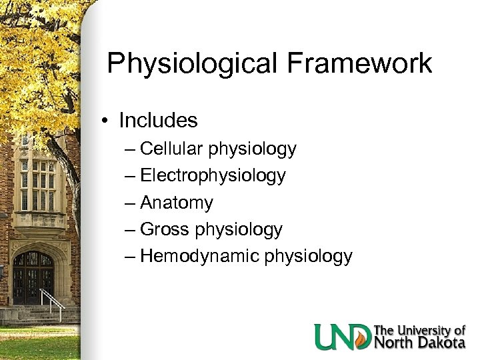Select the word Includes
point(158,121)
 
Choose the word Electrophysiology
point(213,176)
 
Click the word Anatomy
point(177,203)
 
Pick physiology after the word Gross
point(238,230)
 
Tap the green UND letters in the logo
point(343,337)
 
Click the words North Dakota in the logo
point(419,343)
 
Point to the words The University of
point(419,330)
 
